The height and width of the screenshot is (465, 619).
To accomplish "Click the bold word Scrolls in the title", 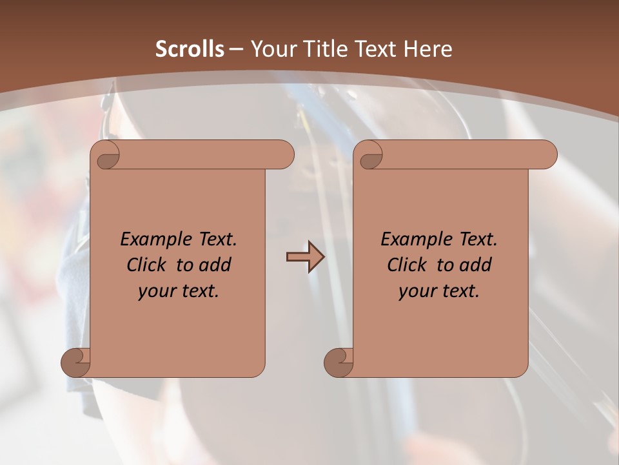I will point(190,49).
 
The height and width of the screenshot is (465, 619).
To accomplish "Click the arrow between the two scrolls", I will point(305,257).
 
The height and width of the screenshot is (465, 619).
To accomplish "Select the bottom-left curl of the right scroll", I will point(339,362).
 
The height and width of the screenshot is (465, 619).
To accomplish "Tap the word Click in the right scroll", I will point(407,265).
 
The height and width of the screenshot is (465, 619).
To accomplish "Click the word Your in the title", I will point(270,49).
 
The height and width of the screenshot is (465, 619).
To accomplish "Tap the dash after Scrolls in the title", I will point(236,49).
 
